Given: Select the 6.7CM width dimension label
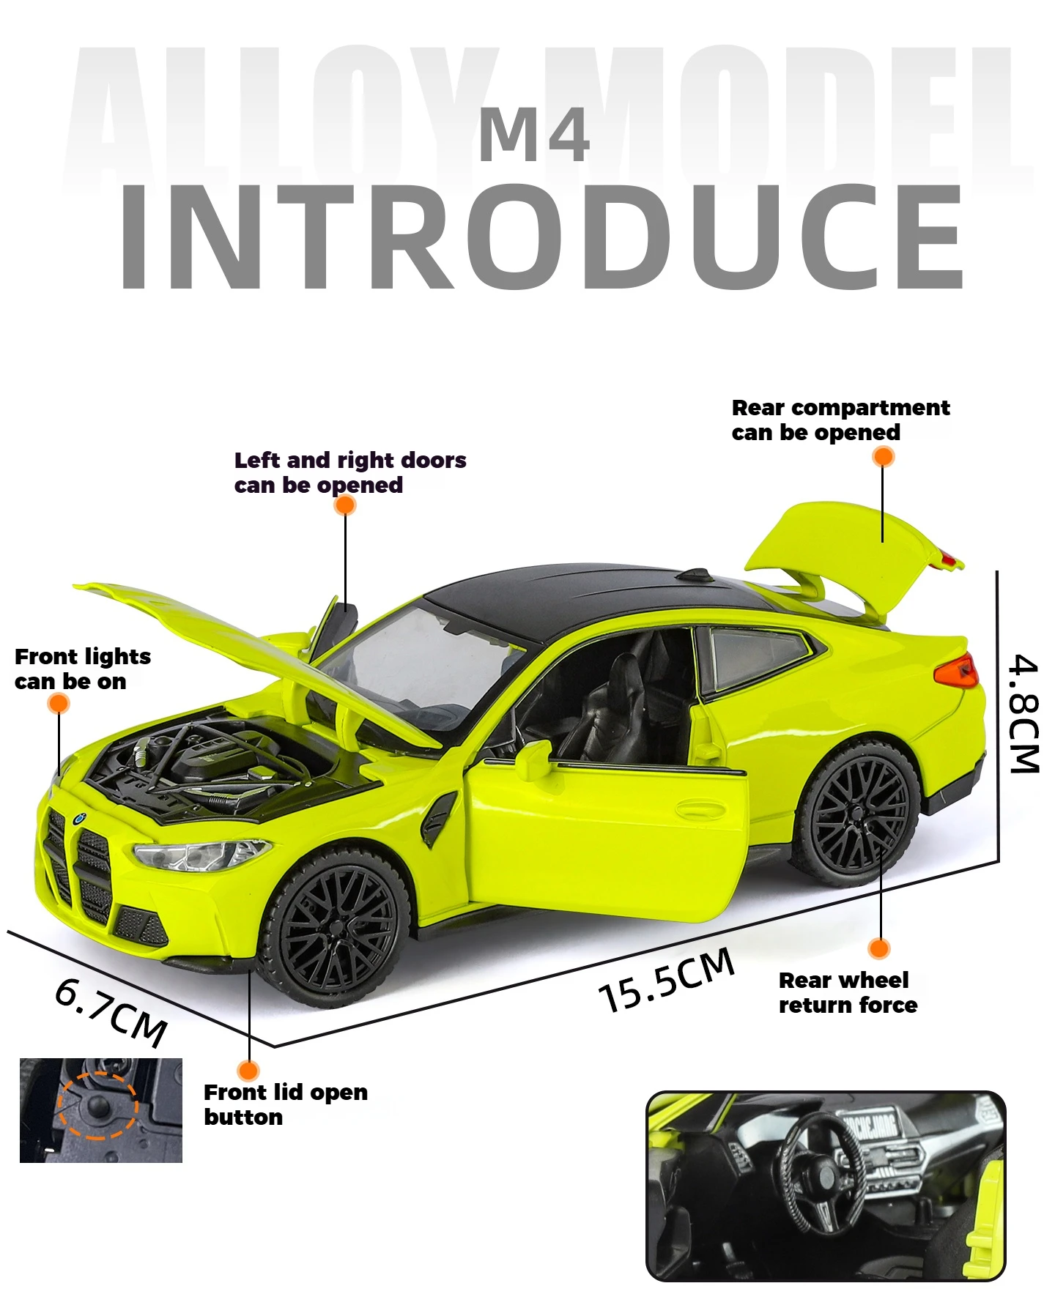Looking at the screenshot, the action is (x=111, y=1013).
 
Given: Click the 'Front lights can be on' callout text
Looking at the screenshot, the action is (x=82, y=669).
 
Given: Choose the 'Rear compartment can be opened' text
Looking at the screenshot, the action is (x=840, y=420).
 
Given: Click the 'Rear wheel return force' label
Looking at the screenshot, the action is (x=847, y=992).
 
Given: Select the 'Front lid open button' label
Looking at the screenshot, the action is (x=285, y=1104).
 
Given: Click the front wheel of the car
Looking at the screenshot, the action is (x=336, y=926).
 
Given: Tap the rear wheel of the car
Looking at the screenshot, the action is (x=858, y=813).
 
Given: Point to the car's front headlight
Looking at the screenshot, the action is (x=201, y=854).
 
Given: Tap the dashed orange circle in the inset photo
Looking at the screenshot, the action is (x=98, y=1106).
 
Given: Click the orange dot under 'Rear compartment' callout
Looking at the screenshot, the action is (x=884, y=457).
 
